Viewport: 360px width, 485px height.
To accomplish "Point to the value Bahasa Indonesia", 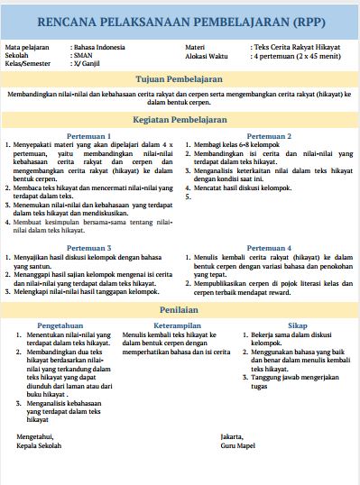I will point(100,45).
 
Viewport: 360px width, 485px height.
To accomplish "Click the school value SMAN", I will point(83,54).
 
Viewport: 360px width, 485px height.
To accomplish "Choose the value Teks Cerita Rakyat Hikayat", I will point(291,45).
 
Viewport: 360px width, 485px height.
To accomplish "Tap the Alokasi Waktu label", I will point(207,54).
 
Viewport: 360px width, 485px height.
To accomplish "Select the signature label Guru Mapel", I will point(240,445).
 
